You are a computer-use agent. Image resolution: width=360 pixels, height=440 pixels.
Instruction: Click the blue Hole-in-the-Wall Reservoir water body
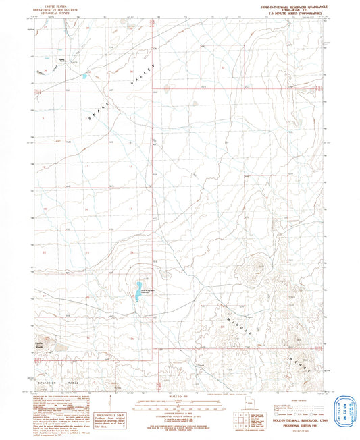click(x=137, y=292)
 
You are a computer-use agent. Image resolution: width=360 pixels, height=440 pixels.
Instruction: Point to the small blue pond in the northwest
click(x=84, y=76)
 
